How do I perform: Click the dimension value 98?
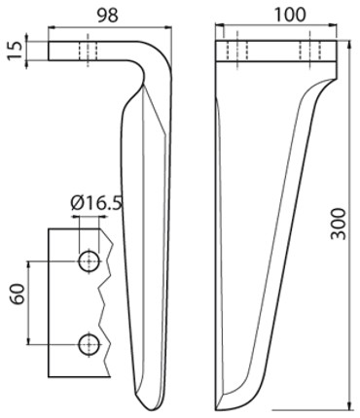tap(108, 16)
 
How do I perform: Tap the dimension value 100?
tap(290, 15)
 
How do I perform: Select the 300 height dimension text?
tap(339, 224)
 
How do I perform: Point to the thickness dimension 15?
tap(16, 51)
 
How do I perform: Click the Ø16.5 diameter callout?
tap(96, 203)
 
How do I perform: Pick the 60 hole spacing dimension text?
tap(18, 295)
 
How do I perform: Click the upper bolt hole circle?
tap(89, 261)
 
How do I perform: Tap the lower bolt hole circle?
tap(89, 344)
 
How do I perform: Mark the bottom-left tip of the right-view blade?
tap(217, 410)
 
